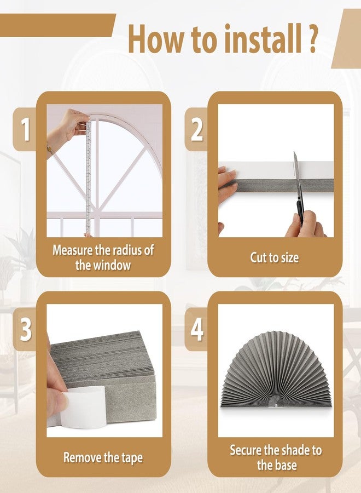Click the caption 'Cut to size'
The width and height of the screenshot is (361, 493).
[x=275, y=257]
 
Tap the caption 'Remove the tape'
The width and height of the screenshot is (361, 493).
[x=104, y=457]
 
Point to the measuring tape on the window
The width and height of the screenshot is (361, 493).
[x=88, y=175]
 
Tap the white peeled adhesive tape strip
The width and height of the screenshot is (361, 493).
[x=82, y=406]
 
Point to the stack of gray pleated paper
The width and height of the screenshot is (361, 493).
[x=104, y=362]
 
